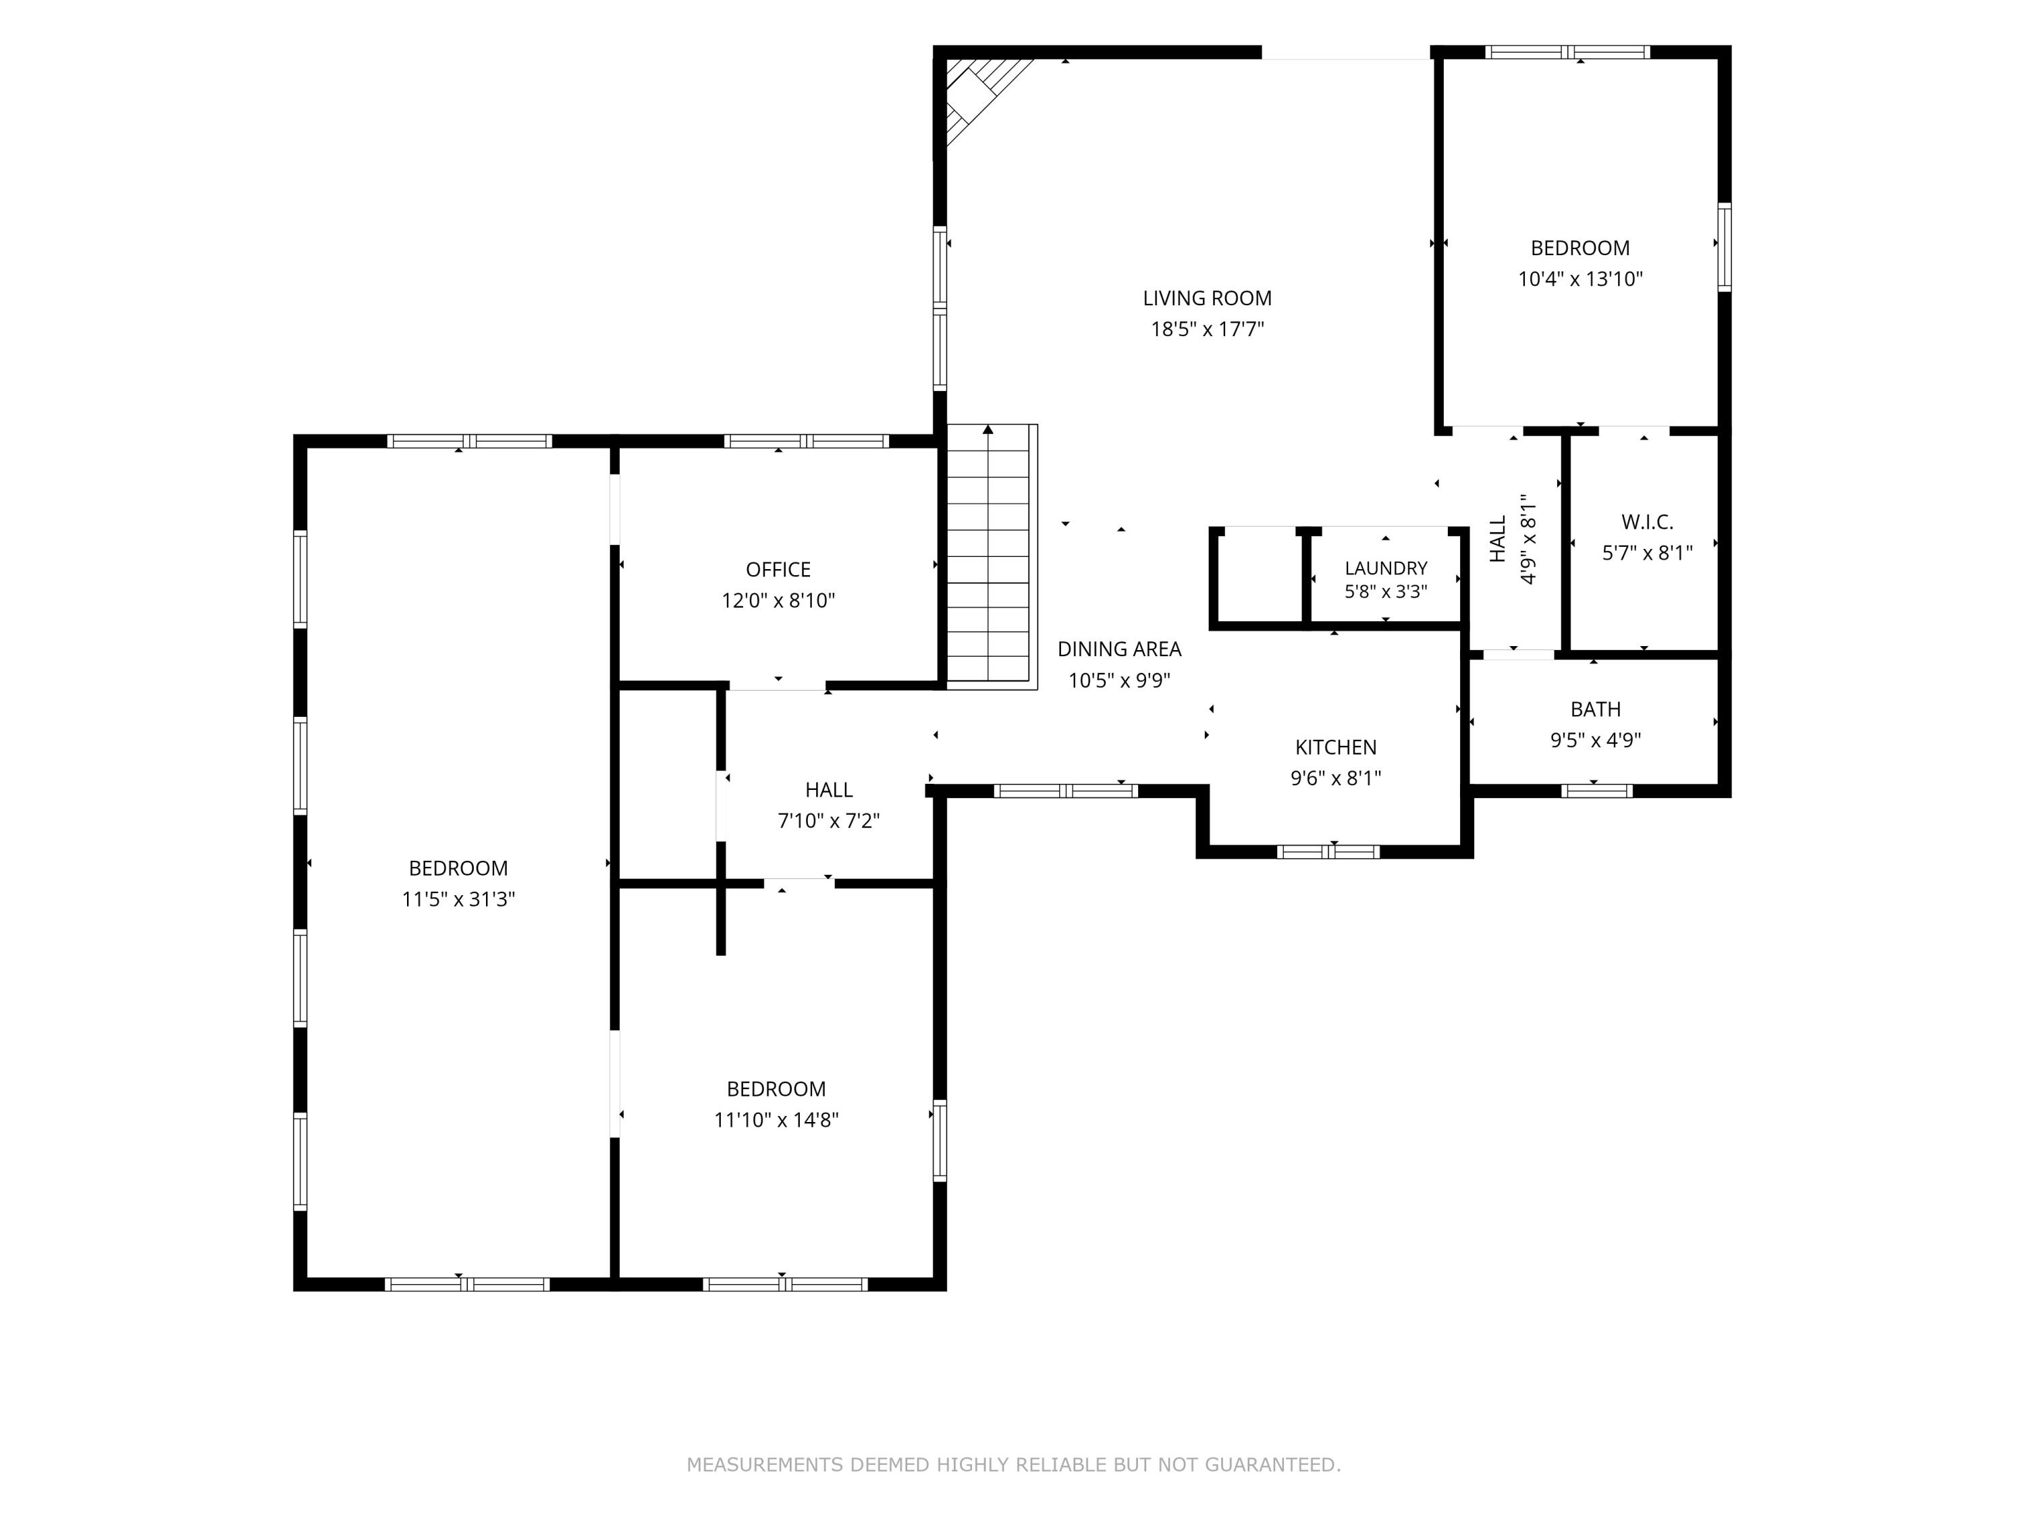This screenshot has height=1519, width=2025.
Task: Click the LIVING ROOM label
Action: (1207, 298)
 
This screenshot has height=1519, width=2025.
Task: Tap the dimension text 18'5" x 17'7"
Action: (1207, 329)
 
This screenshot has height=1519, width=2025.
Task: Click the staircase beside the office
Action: (992, 557)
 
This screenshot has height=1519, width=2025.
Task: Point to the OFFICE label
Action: (778, 570)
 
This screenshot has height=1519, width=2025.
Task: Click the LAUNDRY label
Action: (1386, 568)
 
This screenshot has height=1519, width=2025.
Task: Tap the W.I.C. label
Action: (1647, 522)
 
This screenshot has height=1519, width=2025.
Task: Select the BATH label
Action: (1596, 710)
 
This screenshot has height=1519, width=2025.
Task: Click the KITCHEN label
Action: (1336, 747)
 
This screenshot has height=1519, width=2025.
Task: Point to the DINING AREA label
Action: (1120, 649)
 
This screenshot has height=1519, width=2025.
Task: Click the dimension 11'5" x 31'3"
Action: (458, 900)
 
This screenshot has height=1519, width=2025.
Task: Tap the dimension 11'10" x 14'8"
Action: (776, 1120)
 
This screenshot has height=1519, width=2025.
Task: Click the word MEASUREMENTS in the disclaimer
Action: (765, 1465)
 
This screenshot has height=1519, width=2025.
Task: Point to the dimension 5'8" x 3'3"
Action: (1386, 592)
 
